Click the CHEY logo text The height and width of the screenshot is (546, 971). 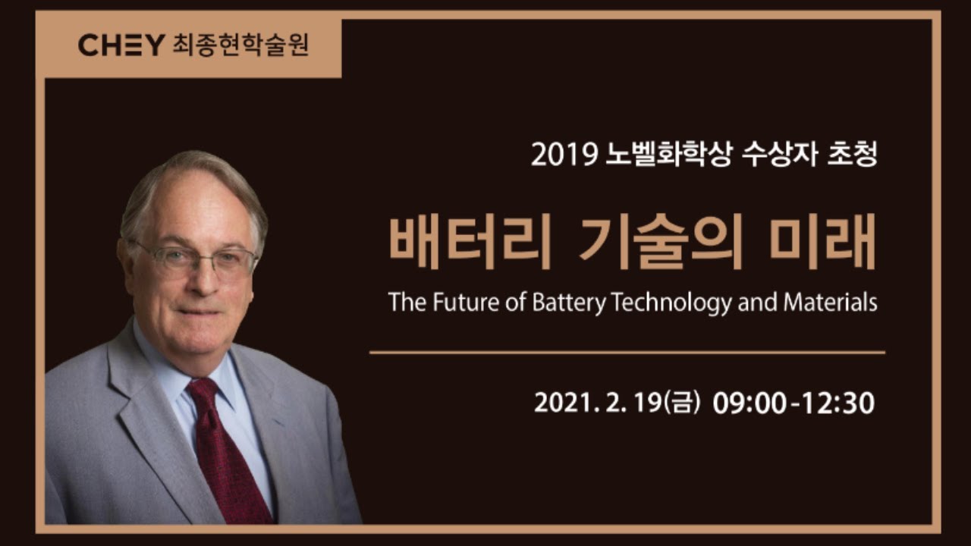121,45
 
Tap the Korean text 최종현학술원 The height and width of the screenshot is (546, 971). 241,45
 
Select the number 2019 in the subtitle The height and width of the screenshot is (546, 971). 564,154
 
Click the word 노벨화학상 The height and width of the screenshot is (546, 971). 669,154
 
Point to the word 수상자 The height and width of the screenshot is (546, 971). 779,154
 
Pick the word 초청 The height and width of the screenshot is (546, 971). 852,154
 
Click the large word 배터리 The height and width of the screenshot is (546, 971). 470,241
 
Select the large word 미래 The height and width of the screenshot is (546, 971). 822,241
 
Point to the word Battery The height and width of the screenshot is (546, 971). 569,303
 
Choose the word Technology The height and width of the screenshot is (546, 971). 671,303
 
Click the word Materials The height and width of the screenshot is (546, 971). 830,302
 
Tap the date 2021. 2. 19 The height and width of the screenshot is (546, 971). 599,403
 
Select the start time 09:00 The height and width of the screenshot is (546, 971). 749,403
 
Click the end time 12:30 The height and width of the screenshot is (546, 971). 838,403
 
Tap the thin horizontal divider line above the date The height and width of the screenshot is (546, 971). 627,353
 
